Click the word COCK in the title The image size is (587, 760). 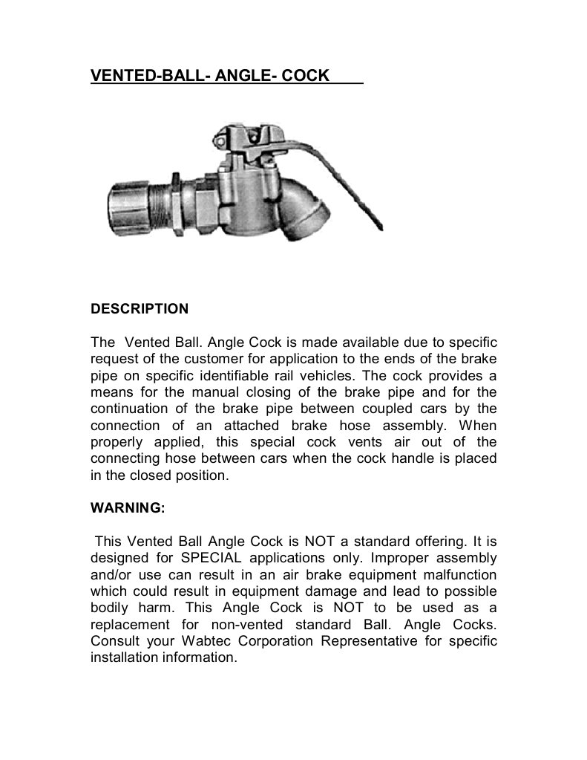[x=302, y=75]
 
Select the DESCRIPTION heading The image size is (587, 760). [x=140, y=308]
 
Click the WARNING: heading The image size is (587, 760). [x=127, y=509]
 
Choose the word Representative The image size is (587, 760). [x=369, y=641]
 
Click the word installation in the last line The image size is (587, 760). [x=123, y=657]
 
